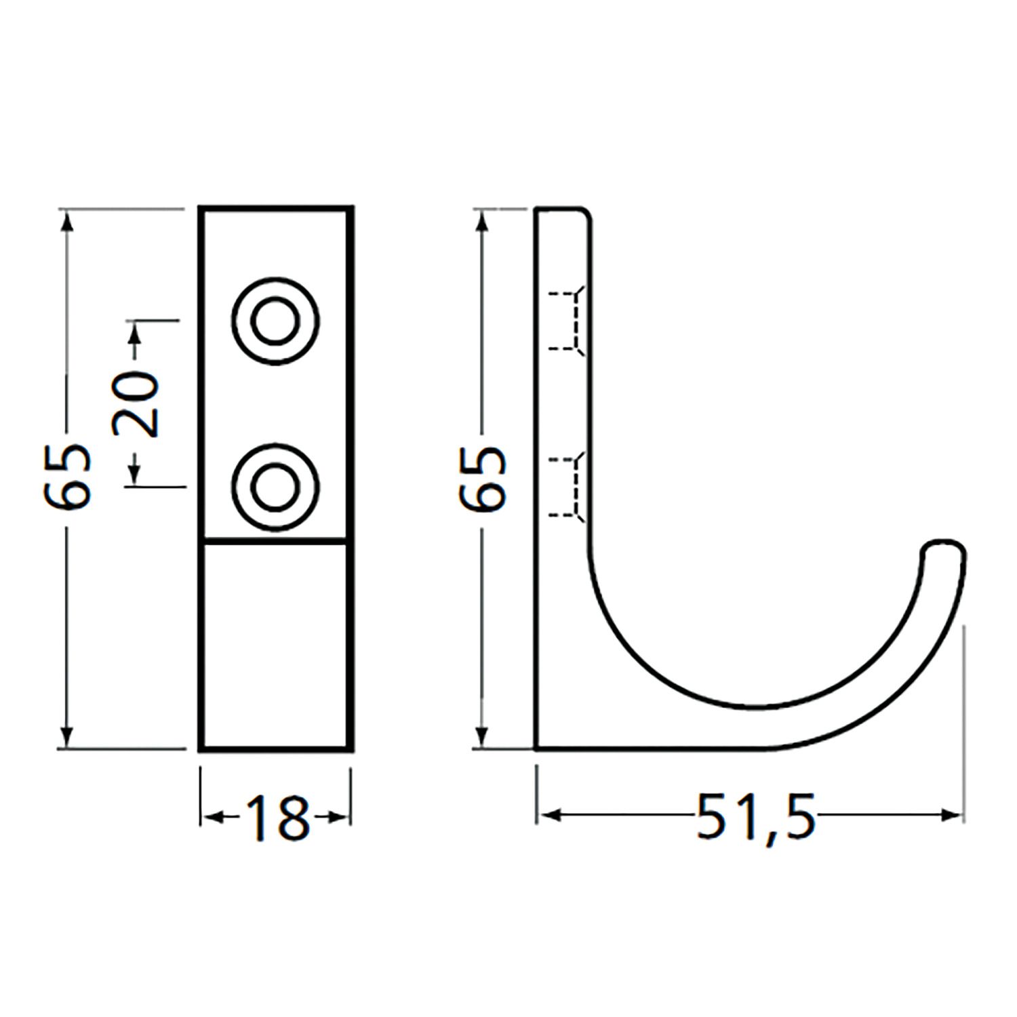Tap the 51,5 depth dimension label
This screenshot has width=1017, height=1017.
click(756, 816)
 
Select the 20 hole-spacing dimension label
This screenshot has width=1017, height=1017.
click(136, 404)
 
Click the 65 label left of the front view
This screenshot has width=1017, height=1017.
click(67, 477)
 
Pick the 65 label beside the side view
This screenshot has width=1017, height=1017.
click(482, 477)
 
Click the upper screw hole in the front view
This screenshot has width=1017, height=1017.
click(275, 321)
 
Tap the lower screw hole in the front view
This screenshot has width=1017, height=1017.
click(275, 487)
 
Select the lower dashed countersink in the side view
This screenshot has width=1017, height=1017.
click(566, 487)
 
